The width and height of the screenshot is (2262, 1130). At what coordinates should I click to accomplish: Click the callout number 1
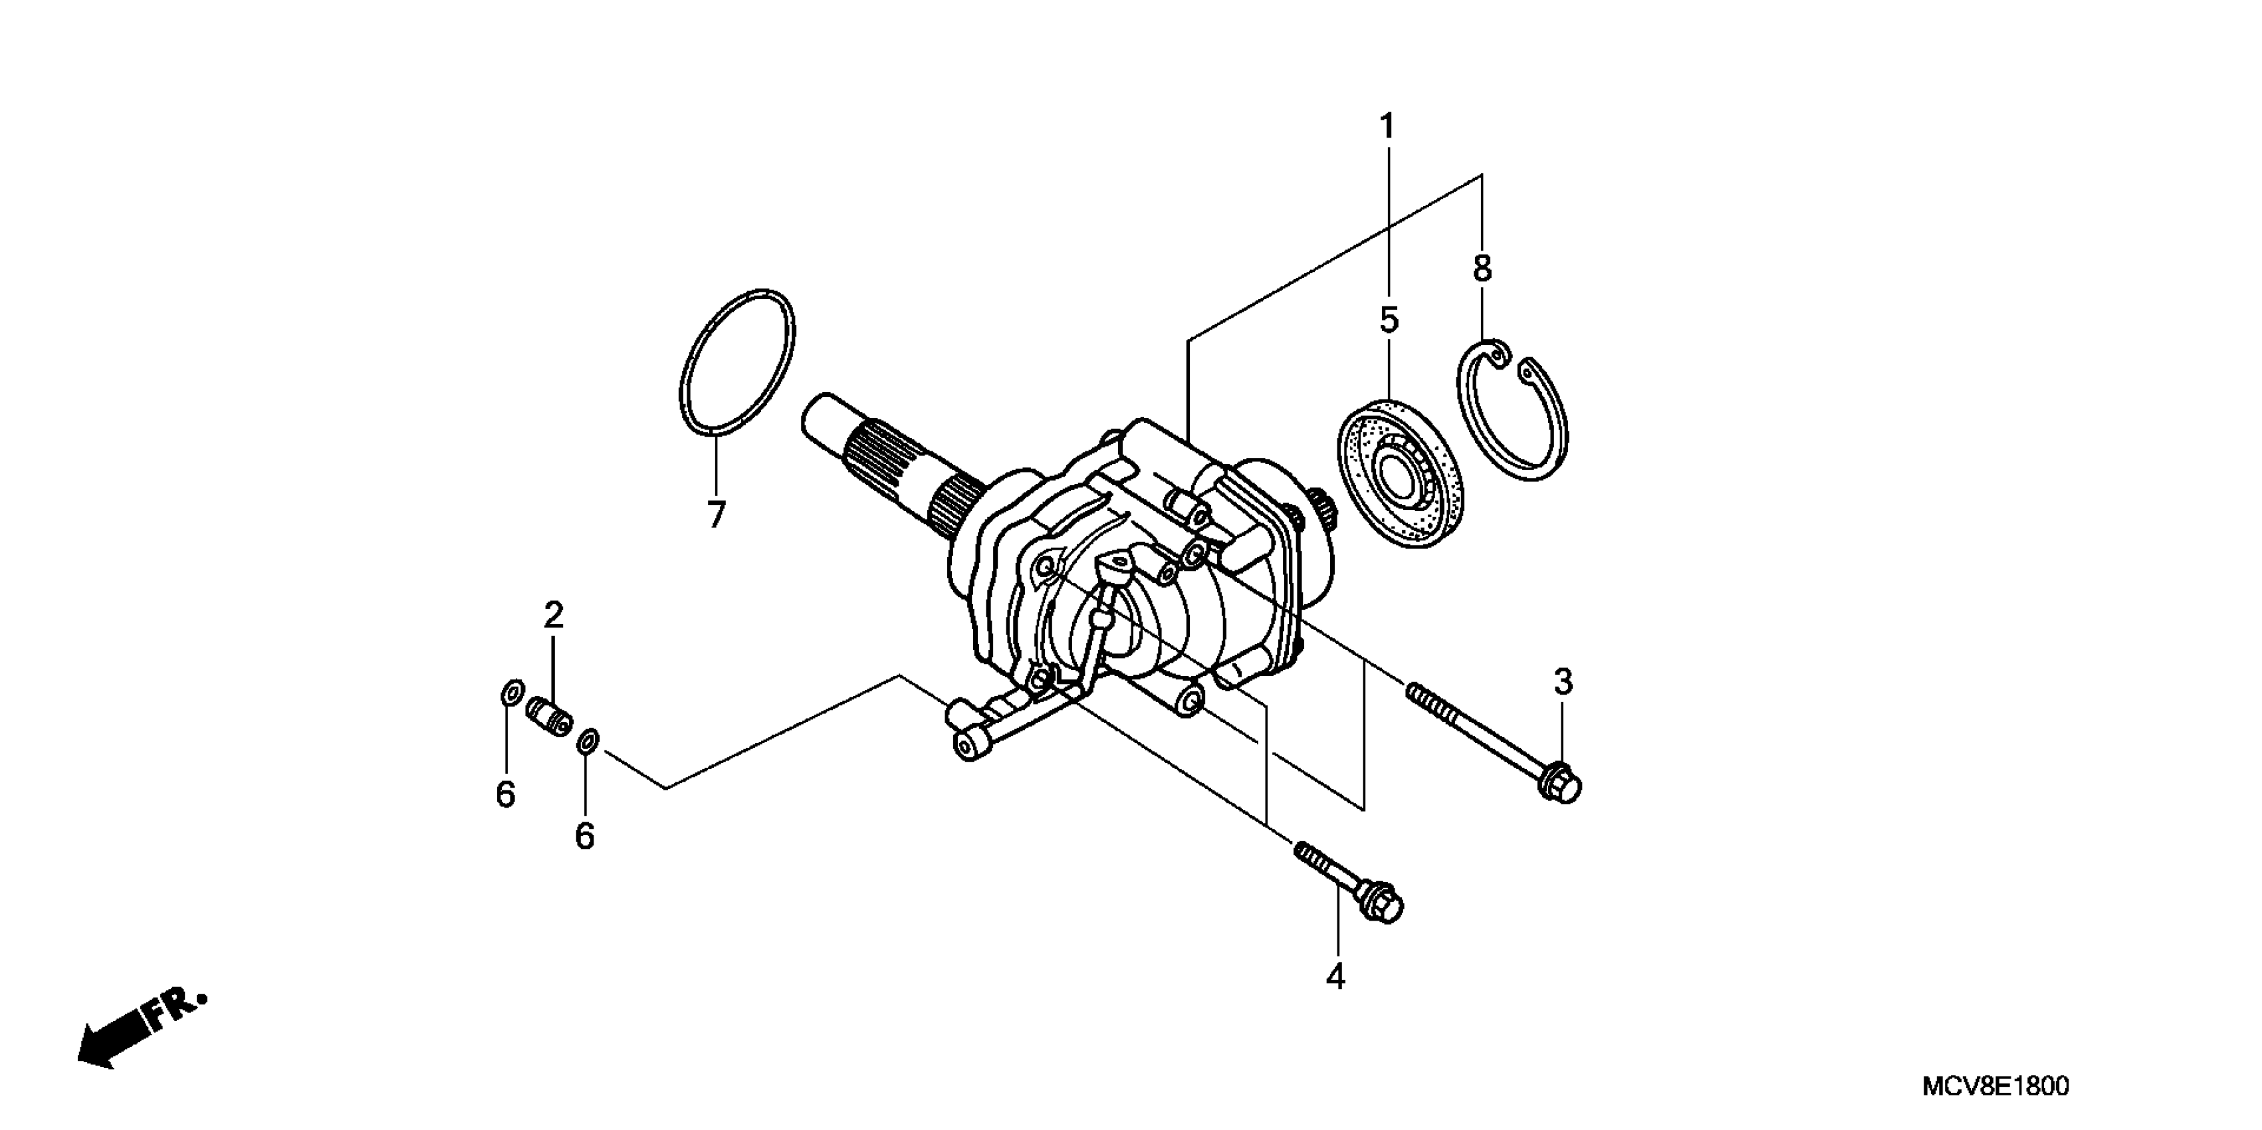tap(1387, 128)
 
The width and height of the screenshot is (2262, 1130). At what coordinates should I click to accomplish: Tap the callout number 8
tap(1482, 269)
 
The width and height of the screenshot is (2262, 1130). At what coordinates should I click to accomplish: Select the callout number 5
tap(1389, 321)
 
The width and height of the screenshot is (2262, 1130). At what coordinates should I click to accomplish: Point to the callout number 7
tap(717, 514)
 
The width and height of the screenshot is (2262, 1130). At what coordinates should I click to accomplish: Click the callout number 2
tap(553, 616)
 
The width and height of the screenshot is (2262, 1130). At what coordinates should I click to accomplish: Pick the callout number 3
tap(1563, 681)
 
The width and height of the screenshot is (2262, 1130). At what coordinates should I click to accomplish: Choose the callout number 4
tap(1335, 976)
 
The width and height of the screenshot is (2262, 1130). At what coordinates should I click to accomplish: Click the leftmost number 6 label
tap(505, 794)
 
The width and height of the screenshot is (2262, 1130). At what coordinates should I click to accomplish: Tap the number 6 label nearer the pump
tap(585, 836)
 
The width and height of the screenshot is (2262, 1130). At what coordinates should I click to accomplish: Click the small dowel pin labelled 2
tap(549, 714)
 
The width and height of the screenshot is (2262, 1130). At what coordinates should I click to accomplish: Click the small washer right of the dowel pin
tap(588, 741)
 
